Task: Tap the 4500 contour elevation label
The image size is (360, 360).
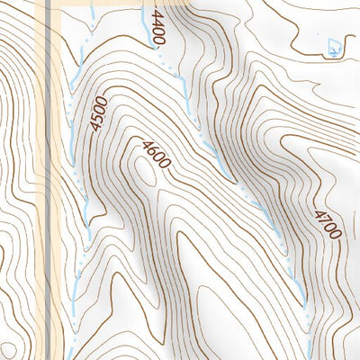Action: coord(98,115)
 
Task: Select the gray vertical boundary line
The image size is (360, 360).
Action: coord(49,180)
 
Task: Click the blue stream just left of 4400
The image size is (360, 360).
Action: coord(144,27)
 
